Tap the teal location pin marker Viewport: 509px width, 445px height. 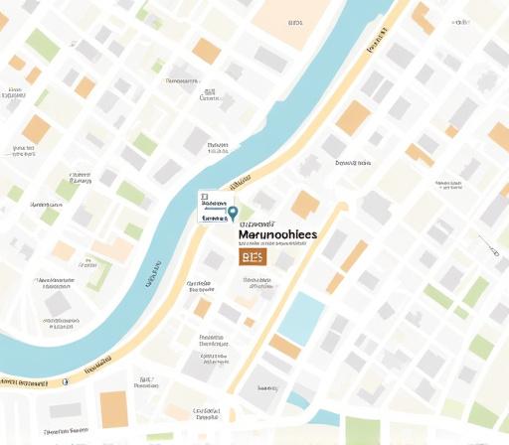click(233, 212)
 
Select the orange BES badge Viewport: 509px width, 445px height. click(253, 257)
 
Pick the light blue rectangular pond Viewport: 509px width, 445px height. click(302, 317)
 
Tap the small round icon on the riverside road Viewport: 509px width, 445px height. click(66, 380)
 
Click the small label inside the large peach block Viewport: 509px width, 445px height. click(294, 22)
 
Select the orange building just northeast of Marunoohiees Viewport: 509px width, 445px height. click(304, 205)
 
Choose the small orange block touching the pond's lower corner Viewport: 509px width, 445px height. click(284, 346)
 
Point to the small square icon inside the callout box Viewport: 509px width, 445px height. click(203, 198)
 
